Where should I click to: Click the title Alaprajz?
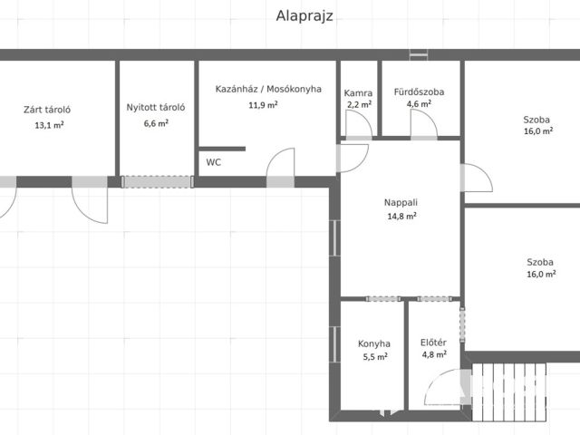[304, 16]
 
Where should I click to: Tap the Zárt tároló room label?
[47, 110]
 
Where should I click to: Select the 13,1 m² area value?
[49, 125]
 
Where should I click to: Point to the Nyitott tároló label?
[156, 107]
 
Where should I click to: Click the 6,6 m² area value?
[156, 123]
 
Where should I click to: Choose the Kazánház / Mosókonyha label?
[268, 89]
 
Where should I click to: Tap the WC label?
[214, 162]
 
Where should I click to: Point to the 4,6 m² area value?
[419, 104]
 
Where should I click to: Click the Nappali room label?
[401, 203]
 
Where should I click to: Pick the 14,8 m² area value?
[402, 216]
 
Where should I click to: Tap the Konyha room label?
[374, 343]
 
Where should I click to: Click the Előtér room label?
[433, 343]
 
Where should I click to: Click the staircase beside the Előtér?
[509, 391]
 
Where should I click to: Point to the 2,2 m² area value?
[359, 105]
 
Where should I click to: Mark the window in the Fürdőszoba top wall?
[419, 54]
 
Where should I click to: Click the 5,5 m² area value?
[375, 357]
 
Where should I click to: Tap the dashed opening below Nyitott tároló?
[157, 181]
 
